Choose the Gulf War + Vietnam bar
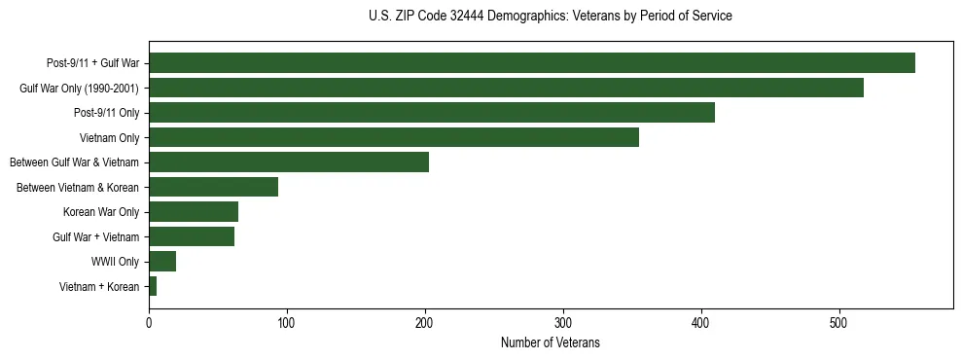tap(191, 236)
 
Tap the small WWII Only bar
tap(161, 262)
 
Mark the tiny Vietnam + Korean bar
tap(153, 286)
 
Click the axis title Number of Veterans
tap(550, 343)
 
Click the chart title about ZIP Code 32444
tap(551, 17)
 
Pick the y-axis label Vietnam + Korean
tap(99, 286)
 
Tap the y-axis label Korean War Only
tap(101, 212)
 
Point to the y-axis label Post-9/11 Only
tap(106, 113)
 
